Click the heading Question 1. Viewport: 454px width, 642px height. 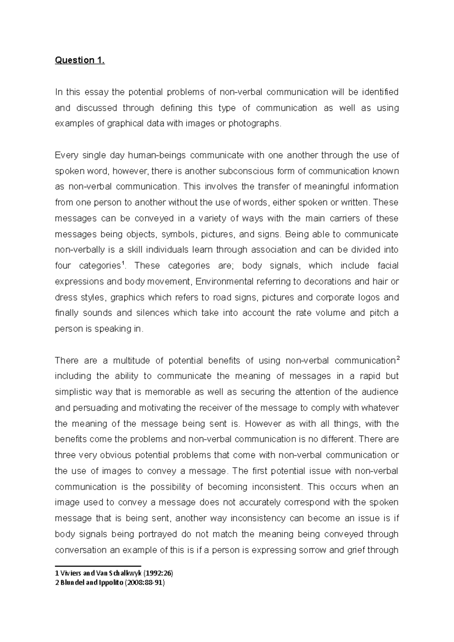click(x=80, y=60)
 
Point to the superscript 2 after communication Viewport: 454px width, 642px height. click(x=397, y=358)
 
